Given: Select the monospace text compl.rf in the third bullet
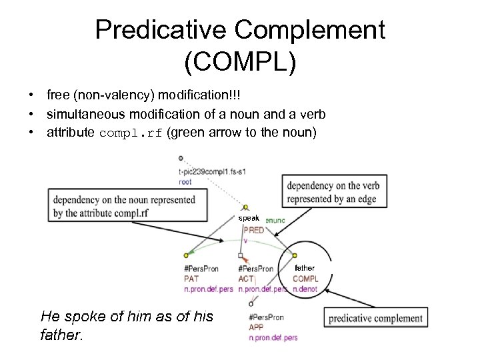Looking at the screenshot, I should coord(130,132).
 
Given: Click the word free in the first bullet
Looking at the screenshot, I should coord(57,97).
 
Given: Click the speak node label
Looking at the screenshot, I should coord(249,218).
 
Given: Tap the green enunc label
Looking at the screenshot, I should coord(275,219).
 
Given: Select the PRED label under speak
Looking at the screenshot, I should coord(253,230).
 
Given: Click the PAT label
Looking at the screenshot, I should coord(191,279).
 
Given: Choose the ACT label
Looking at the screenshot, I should coord(245,279).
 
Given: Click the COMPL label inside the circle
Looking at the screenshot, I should coord(305,279).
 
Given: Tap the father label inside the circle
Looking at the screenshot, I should coord(305,267).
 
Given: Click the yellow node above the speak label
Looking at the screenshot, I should coord(246,207).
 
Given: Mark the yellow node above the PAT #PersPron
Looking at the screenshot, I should coord(186,256).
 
